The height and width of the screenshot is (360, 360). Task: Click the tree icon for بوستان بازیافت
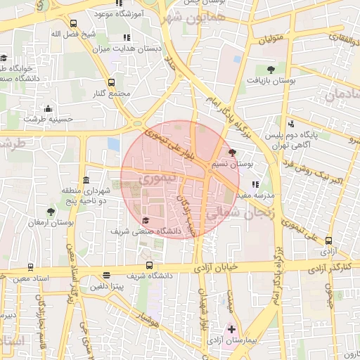[271, 69]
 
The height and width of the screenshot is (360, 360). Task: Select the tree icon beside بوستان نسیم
[233, 152]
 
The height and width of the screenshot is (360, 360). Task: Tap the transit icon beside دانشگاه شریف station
[149, 266]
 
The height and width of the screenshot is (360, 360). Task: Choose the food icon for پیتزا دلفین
[106, 276]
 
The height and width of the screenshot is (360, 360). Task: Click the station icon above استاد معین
[30, 267]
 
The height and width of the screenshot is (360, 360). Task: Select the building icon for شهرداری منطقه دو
[86, 179]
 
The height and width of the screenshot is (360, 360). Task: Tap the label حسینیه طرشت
[49, 120]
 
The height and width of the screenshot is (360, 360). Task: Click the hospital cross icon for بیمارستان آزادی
[232, 328]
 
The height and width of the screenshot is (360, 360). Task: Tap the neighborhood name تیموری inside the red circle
[153, 180]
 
